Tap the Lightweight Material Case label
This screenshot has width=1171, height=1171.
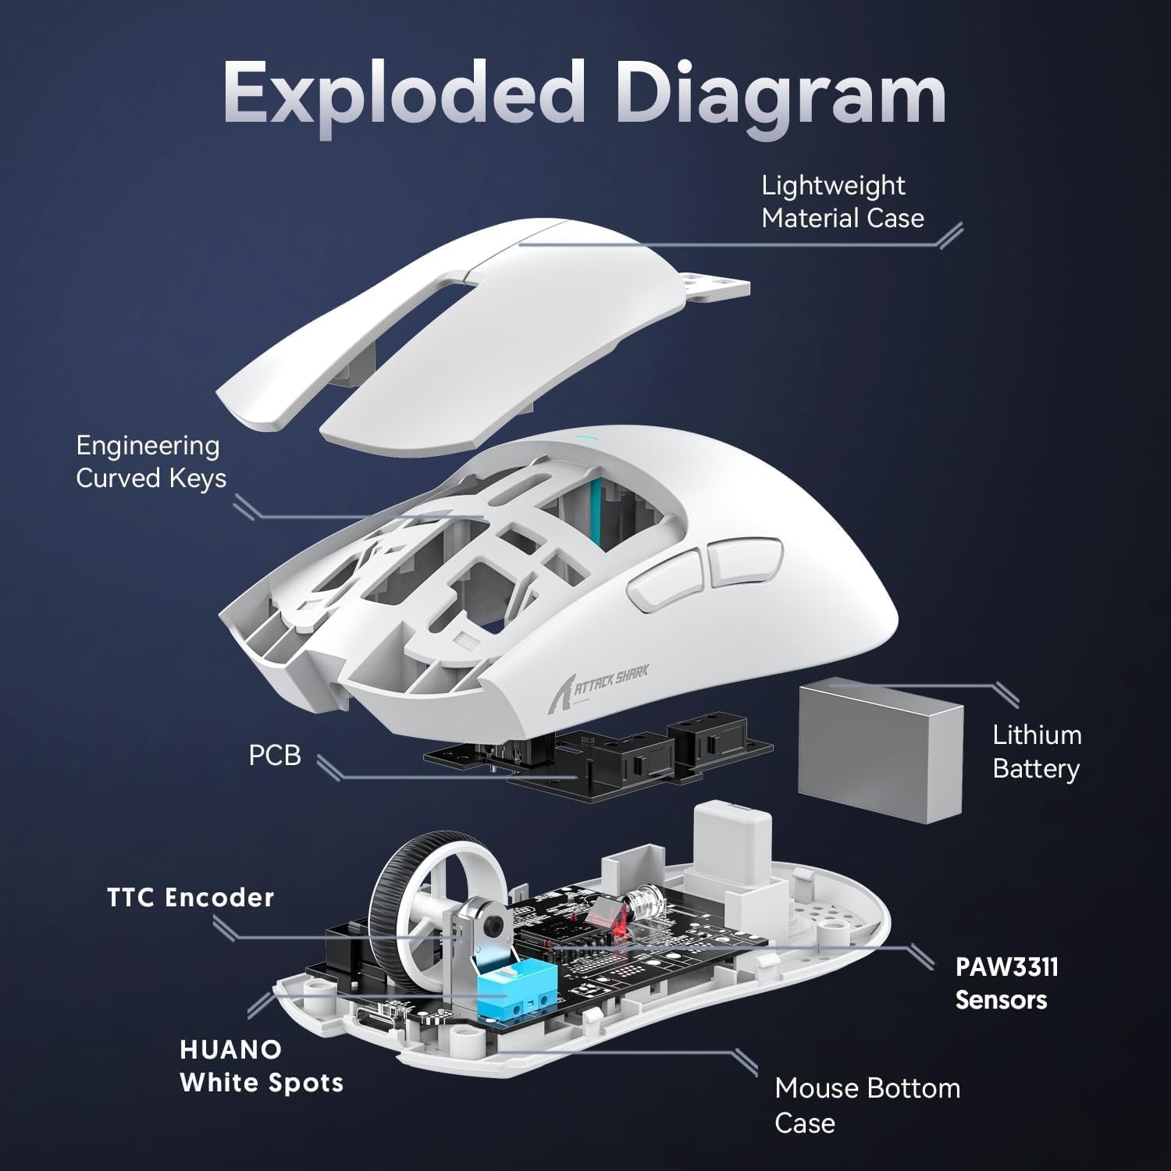842,201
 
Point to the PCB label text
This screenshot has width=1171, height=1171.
274,756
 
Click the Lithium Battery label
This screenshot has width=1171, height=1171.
1036,751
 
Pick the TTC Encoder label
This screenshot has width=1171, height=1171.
190,898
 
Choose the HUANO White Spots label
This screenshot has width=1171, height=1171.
261,1066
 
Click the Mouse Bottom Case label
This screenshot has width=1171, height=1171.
867,1105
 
